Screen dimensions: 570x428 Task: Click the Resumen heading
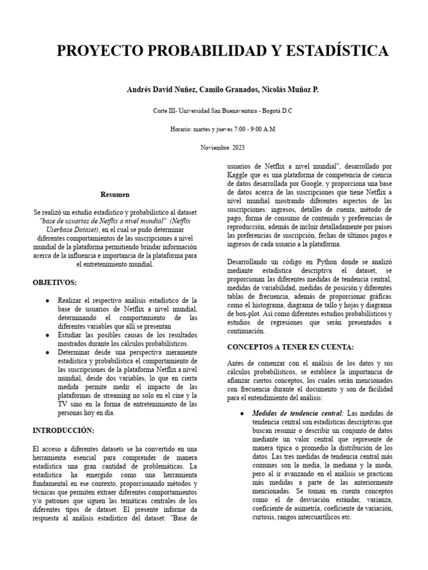point(115,195)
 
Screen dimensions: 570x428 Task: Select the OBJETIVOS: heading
point(55,283)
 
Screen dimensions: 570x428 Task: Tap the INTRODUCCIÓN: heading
point(64,430)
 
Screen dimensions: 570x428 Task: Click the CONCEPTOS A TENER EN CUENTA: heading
point(290,347)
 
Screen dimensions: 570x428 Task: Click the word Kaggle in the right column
point(237,174)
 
